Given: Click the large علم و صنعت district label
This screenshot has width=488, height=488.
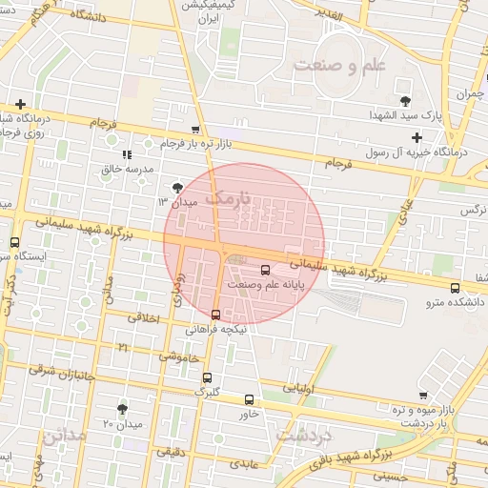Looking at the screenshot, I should tap(338, 66).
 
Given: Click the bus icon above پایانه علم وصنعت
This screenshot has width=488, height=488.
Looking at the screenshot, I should tap(265, 268).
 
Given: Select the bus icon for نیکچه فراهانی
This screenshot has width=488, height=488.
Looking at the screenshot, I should tap(215, 314).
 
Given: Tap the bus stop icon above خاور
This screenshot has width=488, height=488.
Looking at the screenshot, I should tap(250, 399).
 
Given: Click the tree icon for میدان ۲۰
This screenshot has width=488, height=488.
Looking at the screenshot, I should tap(122, 408).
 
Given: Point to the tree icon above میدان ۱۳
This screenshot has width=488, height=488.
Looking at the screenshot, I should tap(177, 188).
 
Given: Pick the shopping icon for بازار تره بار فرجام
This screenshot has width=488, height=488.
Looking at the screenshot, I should tap(195, 130).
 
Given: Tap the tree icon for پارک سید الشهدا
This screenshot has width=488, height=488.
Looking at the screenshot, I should tap(406, 100).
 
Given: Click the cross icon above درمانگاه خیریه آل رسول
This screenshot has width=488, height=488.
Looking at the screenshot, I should tap(417, 137).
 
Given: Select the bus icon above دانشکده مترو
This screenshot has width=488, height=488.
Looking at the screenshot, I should tap(455, 287).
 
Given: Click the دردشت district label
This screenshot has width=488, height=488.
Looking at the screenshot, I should tap(304, 434).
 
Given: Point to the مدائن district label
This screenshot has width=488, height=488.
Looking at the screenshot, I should tap(65, 435).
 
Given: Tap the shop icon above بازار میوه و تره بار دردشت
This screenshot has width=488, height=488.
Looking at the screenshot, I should tap(423, 396).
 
